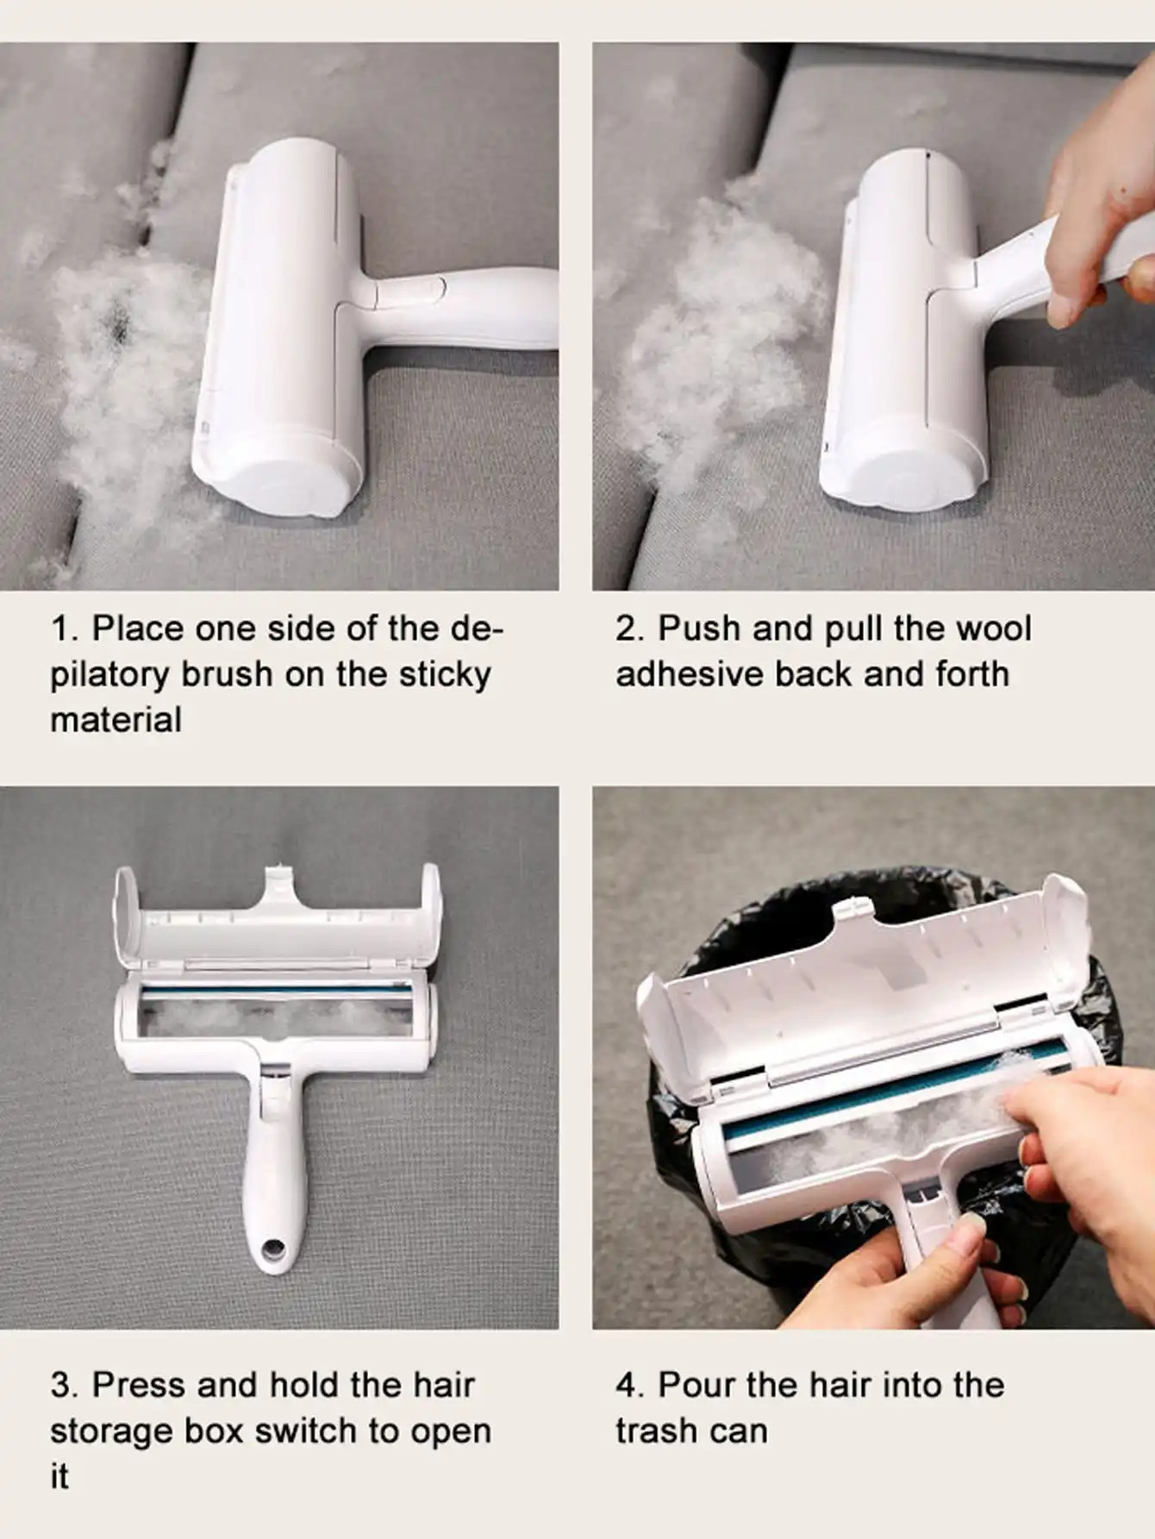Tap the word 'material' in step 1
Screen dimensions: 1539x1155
tap(115, 720)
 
